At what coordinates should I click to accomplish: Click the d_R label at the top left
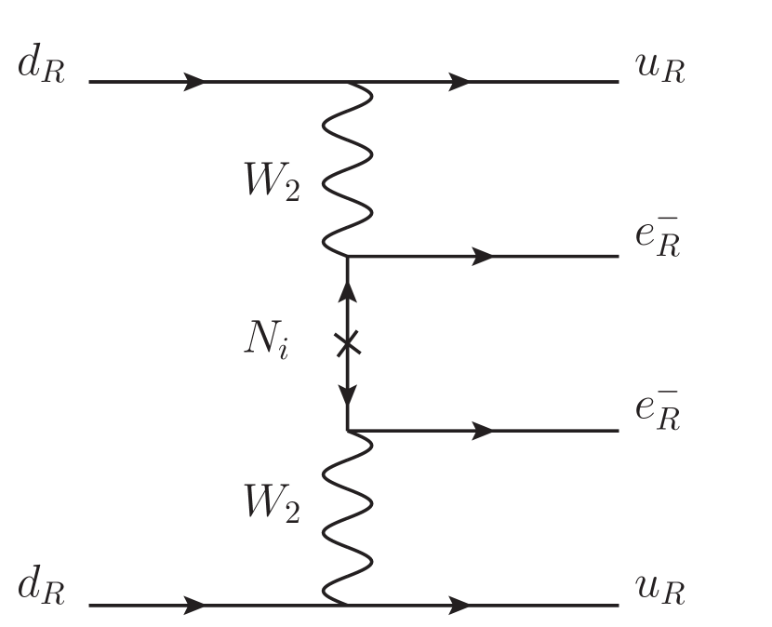(40, 71)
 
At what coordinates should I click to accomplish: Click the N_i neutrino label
(265, 343)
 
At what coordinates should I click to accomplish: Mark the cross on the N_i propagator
(347, 344)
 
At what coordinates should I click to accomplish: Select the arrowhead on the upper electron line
(483, 256)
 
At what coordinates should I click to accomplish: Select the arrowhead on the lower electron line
(483, 431)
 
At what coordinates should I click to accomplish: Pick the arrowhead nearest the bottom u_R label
(457, 605)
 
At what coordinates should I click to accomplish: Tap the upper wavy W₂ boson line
(348, 167)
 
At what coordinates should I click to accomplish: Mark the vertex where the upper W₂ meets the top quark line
(348, 82)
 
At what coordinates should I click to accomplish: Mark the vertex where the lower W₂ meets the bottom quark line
(348, 605)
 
